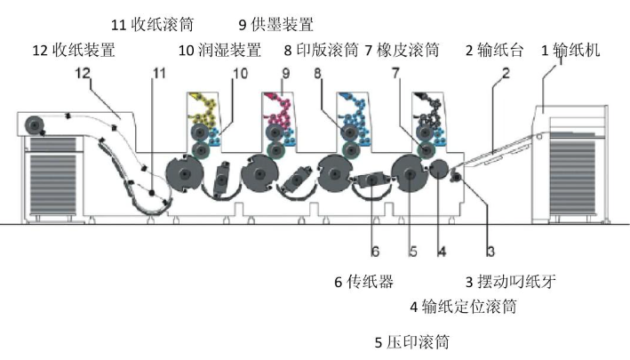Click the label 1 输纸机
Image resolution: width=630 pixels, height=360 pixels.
(571, 51)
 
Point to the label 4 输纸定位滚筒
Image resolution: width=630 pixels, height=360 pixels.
(462, 308)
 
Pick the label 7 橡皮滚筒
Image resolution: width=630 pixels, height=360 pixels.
(402, 51)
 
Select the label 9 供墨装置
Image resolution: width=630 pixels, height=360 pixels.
(276, 24)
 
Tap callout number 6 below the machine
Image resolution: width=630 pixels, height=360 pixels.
(375, 252)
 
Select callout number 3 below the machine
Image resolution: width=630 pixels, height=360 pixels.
(488, 252)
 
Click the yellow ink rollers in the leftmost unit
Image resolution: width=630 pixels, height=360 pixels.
(206, 110)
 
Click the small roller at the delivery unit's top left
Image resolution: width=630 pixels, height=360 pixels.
(36, 125)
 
